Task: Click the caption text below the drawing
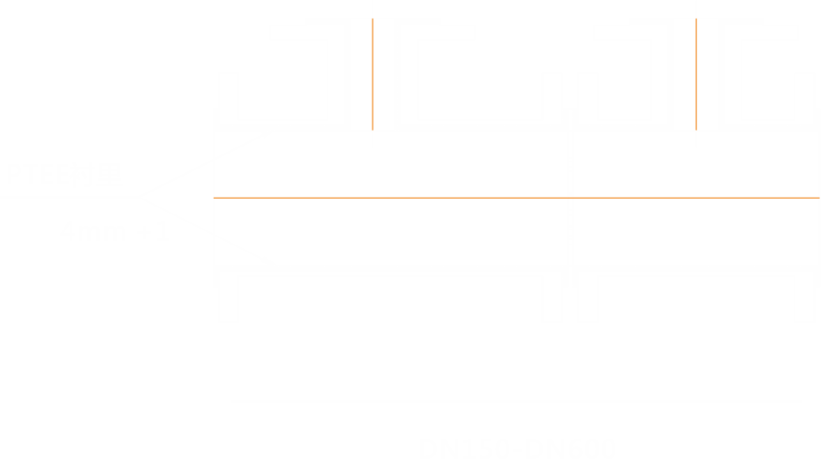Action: tap(516, 448)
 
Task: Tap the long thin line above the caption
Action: tap(516, 402)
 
